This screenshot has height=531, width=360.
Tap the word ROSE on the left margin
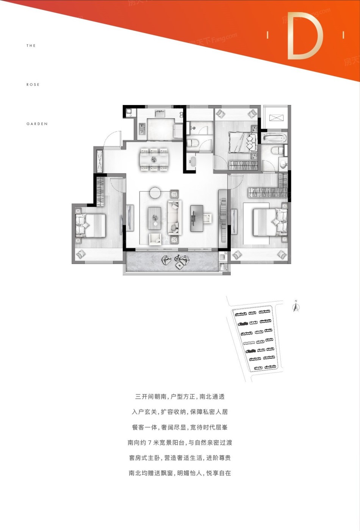click(x=33, y=85)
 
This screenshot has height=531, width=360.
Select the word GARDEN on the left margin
click(x=37, y=124)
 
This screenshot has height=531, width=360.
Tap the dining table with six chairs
click(x=154, y=159)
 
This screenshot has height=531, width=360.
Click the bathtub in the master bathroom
click(x=274, y=138)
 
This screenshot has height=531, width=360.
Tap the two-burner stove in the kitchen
click(x=142, y=129)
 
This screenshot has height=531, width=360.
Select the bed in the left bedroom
click(x=90, y=226)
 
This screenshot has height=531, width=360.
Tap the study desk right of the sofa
click(x=197, y=218)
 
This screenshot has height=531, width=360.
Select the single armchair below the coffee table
click(x=155, y=239)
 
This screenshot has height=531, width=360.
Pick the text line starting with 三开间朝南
click(x=180, y=396)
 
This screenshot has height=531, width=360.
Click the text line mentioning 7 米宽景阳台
click(x=180, y=443)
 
